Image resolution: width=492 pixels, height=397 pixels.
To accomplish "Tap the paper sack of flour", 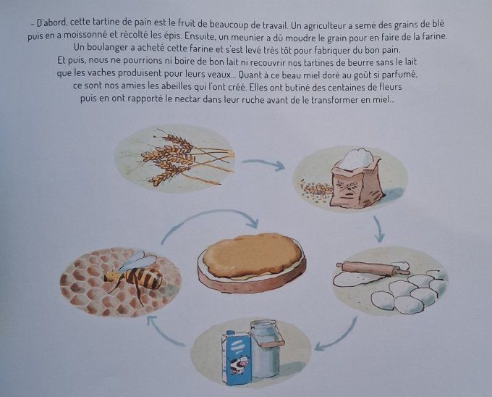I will pos(357,178).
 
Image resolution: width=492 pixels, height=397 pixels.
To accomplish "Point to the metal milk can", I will pos(265,346).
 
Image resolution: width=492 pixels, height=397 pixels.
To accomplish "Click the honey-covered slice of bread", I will pos(251,257).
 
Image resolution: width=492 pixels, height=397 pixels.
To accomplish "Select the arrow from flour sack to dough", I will pos(378,230).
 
